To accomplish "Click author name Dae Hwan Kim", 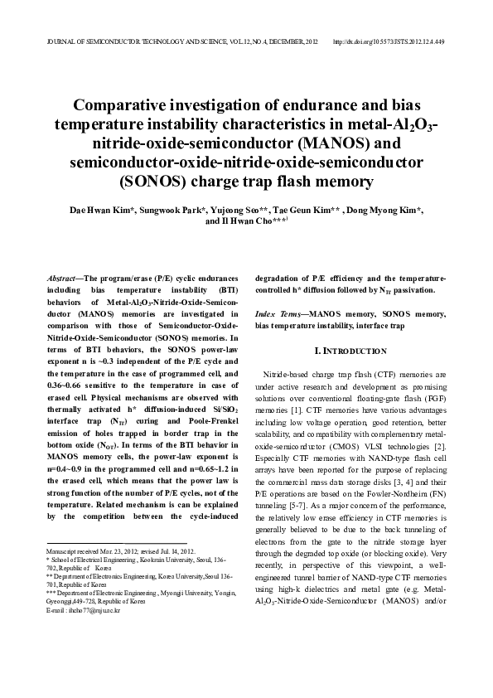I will pyautogui.click(x=96, y=211).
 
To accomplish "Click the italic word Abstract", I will pyautogui.click(x=62, y=279).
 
